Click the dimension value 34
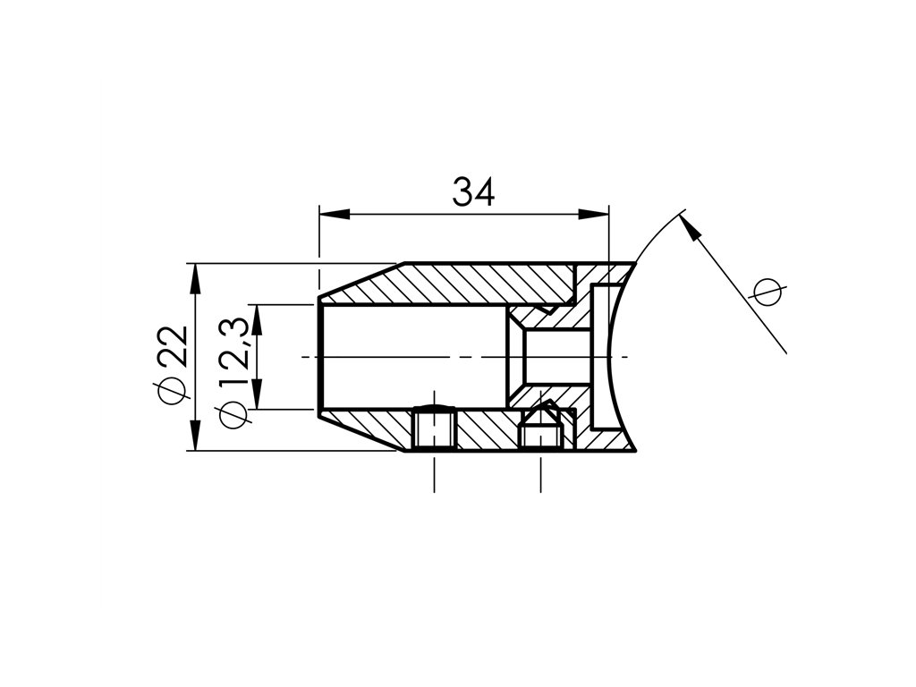473,192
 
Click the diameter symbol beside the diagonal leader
768,293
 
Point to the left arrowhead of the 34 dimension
335,214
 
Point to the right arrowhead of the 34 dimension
594,214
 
